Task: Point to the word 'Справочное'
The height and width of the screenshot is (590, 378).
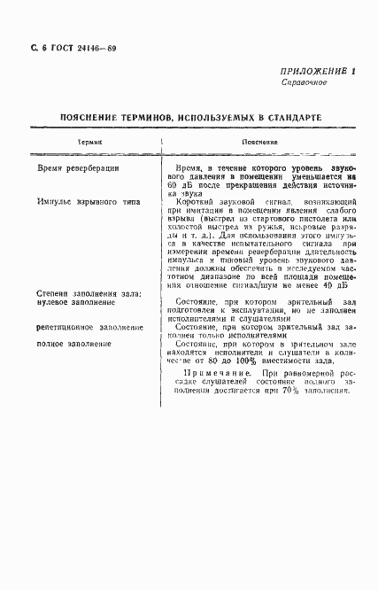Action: tap(305, 82)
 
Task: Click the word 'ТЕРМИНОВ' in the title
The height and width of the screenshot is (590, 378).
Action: tap(146, 116)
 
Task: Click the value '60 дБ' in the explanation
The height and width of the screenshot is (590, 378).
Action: tap(179, 176)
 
